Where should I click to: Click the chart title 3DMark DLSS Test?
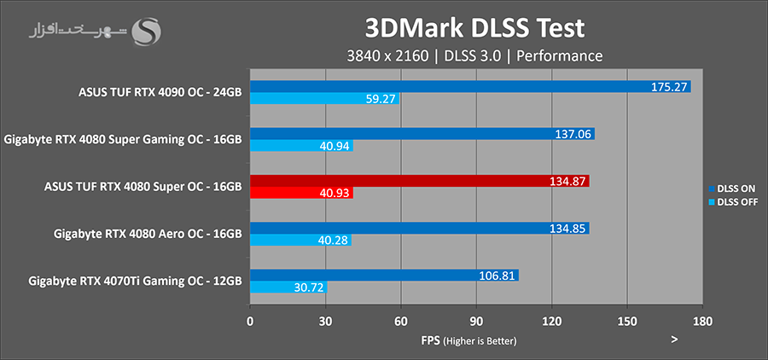click(x=474, y=27)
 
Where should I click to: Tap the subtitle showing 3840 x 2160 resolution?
click(x=474, y=55)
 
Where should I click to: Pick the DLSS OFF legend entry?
click(x=733, y=202)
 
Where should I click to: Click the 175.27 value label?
click(x=669, y=87)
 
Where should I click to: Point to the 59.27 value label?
click(x=379, y=100)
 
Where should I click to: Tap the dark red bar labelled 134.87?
click(x=419, y=181)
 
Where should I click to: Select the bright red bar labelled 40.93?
click(x=301, y=194)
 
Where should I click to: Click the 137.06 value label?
click(x=573, y=134)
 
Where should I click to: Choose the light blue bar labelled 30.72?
click(x=288, y=287)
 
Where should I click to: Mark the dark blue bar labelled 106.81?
click(x=384, y=275)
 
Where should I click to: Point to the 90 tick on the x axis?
click(x=476, y=322)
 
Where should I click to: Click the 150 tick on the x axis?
click(x=627, y=322)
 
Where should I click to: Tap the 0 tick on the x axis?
click(x=250, y=322)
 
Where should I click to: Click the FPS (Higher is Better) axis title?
click(x=468, y=340)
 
